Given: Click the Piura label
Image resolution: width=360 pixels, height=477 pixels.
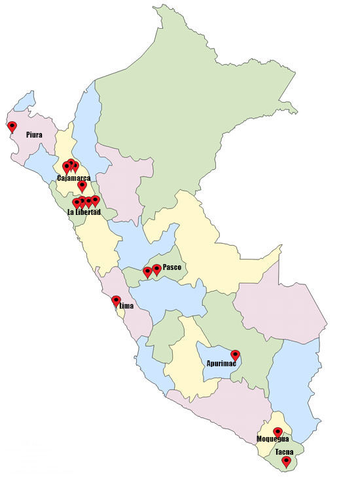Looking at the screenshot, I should pyautogui.click(x=35, y=134).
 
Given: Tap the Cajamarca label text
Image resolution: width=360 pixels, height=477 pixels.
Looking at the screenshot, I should pyautogui.click(x=73, y=178).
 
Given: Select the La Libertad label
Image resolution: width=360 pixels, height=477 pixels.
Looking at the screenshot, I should pyautogui.click(x=84, y=212).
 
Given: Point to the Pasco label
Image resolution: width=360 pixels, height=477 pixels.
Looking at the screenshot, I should pyautogui.click(x=171, y=267).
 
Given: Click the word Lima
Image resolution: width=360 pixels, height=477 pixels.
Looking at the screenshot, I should pyautogui.click(x=126, y=305).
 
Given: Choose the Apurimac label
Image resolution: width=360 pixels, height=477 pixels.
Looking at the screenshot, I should pyautogui.click(x=221, y=363).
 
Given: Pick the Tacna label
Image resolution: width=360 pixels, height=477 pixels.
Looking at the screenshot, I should pyautogui.click(x=284, y=452).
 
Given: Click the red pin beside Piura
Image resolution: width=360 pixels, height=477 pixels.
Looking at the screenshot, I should pyautogui.click(x=12, y=126).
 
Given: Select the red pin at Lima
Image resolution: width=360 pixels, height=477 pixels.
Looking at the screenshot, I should pyautogui.click(x=117, y=301).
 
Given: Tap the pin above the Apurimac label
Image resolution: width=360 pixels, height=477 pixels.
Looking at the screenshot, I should pyautogui.click(x=236, y=355).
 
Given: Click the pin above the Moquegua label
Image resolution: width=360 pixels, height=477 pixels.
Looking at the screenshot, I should pyautogui.click(x=278, y=432).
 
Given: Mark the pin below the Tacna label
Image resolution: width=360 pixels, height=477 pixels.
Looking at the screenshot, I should pyautogui.click(x=286, y=461).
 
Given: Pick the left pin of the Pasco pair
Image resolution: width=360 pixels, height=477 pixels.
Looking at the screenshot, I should pyautogui.click(x=148, y=271).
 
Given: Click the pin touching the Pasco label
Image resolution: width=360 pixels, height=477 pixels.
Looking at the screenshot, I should pyautogui.click(x=157, y=269).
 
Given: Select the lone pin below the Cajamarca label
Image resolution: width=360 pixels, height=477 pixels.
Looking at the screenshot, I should pyautogui.click(x=82, y=185).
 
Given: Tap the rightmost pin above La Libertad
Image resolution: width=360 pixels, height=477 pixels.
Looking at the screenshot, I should pyautogui.click(x=96, y=200).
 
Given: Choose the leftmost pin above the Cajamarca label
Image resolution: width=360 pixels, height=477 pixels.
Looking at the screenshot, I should pyautogui.click(x=67, y=167).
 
